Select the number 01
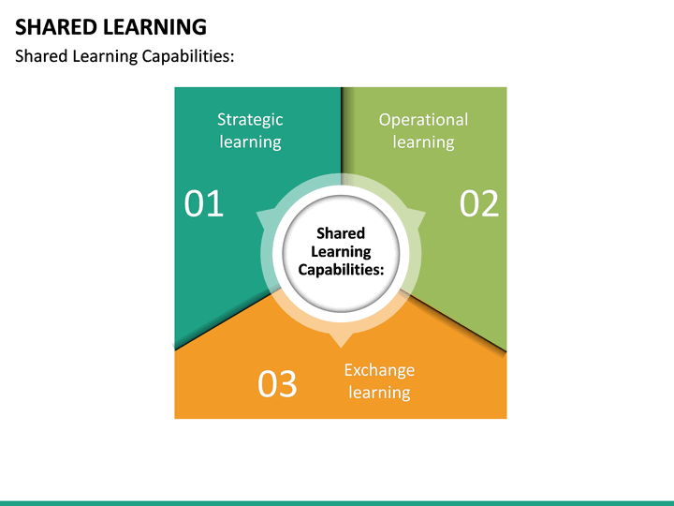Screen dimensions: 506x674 point(204,203)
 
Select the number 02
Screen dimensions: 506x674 point(479,203)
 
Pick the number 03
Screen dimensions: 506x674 point(277,383)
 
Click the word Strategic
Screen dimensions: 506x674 point(250,119)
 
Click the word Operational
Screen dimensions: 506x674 point(423,119)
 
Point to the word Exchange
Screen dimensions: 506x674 point(379,369)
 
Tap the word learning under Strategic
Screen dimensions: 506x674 point(250,141)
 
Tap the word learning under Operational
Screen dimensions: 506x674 point(423,141)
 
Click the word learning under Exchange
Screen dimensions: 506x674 point(379,392)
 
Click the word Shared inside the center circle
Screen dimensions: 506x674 point(341,233)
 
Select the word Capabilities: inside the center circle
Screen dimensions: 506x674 point(341,269)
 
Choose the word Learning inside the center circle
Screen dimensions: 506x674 point(341,251)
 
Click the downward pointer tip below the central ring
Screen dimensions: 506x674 point(341,345)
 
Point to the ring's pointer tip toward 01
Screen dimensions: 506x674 point(258,214)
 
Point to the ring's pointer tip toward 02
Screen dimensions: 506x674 point(423,214)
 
